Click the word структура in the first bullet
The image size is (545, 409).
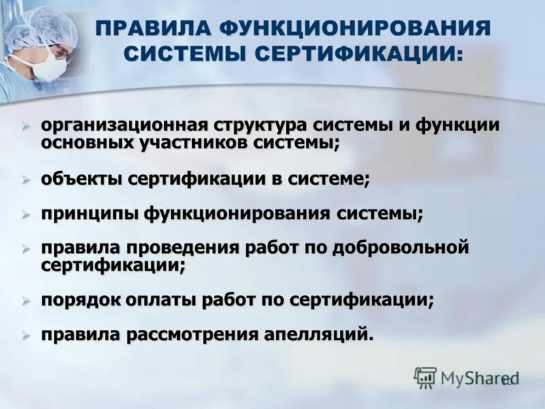(260, 126)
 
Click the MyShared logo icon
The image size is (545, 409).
(425, 377)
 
